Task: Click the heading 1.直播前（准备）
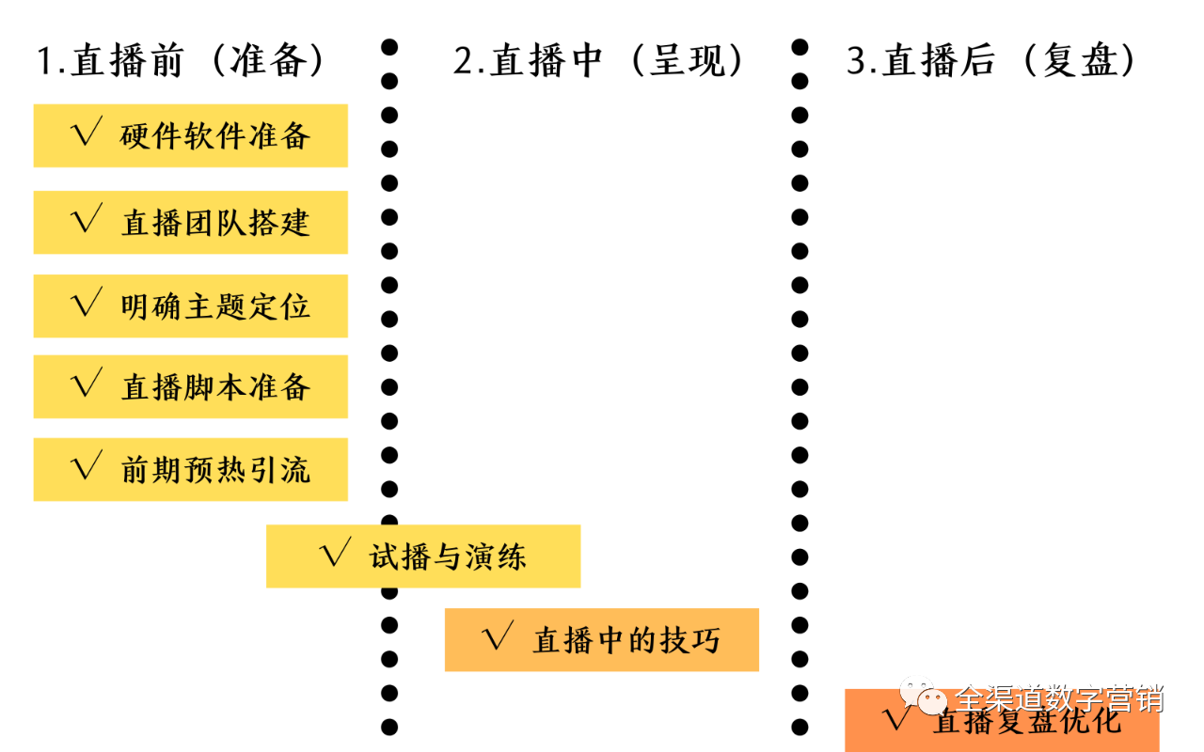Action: point(182,61)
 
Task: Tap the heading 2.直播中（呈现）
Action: point(600,61)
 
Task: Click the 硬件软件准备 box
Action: point(190,136)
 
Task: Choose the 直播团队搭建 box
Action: point(190,223)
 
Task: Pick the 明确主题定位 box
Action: point(190,305)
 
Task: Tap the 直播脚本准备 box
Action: point(190,386)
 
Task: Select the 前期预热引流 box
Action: point(190,469)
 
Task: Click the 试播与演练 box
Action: point(423,556)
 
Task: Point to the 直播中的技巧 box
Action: point(602,639)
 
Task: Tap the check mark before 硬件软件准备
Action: point(87,134)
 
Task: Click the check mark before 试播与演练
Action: point(335,555)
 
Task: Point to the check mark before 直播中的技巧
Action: point(497,638)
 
